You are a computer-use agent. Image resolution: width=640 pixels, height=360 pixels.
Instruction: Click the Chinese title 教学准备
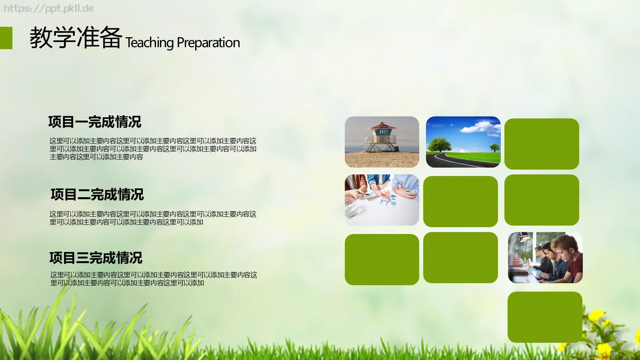click(x=76, y=38)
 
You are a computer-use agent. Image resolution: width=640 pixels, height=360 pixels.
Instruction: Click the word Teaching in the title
click(x=150, y=42)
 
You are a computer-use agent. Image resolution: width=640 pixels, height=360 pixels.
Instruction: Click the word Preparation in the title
click(x=208, y=42)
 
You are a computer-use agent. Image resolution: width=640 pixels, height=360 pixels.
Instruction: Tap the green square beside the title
click(x=6, y=38)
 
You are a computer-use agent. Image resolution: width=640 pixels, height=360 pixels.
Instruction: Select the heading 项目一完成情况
click(x=95, y=122)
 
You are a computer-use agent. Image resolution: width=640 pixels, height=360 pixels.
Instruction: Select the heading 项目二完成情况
click(x=97, y=194)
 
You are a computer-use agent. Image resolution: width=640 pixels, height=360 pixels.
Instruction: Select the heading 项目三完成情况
click(x=96, y=258)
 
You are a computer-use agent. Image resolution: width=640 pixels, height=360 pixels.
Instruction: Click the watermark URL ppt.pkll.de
click(x=49, y=8)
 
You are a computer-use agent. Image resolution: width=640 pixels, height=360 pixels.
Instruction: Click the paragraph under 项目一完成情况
click(x=153, y=149)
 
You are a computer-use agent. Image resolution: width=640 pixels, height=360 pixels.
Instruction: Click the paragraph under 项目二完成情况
click(x=153, y=218)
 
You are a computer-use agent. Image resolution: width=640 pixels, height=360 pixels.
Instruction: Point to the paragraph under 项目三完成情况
click(x=154, y=279)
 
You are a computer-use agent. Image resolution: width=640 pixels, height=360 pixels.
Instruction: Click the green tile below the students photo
click(x=545, y=317)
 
